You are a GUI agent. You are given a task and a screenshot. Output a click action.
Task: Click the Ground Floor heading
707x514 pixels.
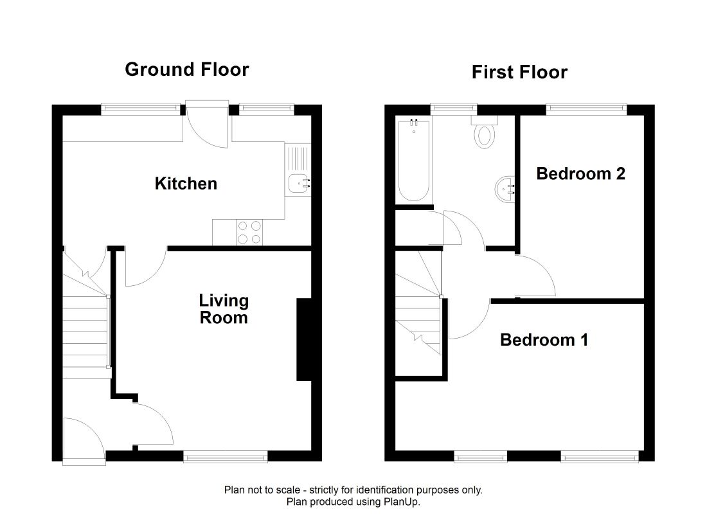(x=186, y=69)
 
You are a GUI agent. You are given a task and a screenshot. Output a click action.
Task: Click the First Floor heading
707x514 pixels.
(x=519, y=72)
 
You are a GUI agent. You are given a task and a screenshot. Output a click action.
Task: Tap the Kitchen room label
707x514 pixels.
(x=186, y=184)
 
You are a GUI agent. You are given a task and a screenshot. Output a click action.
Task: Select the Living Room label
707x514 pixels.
(x=224, y=309)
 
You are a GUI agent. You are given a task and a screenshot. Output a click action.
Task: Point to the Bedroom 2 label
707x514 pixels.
(x=581, y=173)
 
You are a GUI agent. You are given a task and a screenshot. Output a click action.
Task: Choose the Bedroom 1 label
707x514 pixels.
(x=544, y=340)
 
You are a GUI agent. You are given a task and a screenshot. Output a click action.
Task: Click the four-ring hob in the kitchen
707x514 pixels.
(x=249, y=232)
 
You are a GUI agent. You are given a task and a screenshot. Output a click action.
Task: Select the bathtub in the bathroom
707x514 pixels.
(x=414, y=161)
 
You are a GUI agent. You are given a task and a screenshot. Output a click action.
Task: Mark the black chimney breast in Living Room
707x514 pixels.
(x=304, y=339)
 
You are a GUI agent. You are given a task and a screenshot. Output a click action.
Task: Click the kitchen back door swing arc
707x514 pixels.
(x=208, y=131)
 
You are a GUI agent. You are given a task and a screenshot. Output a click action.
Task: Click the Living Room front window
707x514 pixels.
(x=226, y=457)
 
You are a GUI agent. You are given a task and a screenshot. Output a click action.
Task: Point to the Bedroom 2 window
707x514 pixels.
(x=587, y=108)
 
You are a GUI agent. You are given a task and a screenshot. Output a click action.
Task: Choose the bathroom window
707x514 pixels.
(x=454, y=108)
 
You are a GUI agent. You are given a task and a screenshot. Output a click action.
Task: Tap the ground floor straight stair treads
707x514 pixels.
(x=85, y=332)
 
